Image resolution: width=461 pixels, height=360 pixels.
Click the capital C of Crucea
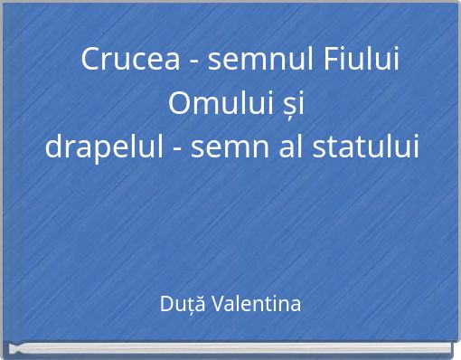90,62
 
